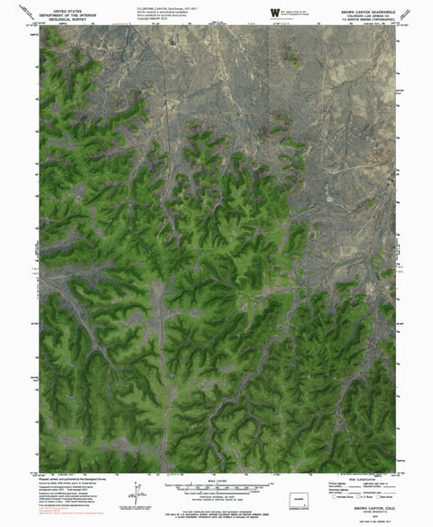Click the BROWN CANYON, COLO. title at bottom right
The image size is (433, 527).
tap(365, 509)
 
